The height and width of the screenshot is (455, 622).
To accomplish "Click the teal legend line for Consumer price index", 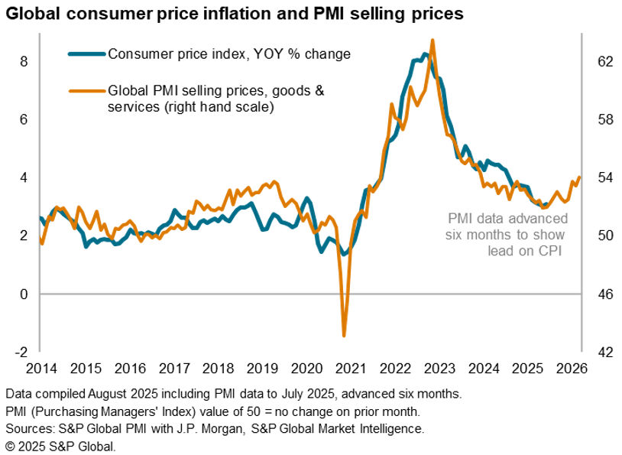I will click(x=86, y=54).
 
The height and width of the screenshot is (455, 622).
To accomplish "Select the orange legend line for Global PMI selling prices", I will click(x=86, y=91).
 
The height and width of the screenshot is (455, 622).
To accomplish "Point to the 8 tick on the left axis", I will click(x=23, y=61).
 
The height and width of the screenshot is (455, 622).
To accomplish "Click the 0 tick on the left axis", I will click(x=23, y=294).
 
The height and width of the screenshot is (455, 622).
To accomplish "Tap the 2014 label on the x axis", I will click(x=40, y=367).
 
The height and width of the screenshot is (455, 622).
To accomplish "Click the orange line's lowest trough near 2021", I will click(x=344, y=335).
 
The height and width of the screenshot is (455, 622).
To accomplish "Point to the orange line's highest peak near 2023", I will click(x=433, y=41).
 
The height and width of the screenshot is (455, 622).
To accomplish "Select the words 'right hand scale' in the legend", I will click(x=225, y=108).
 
